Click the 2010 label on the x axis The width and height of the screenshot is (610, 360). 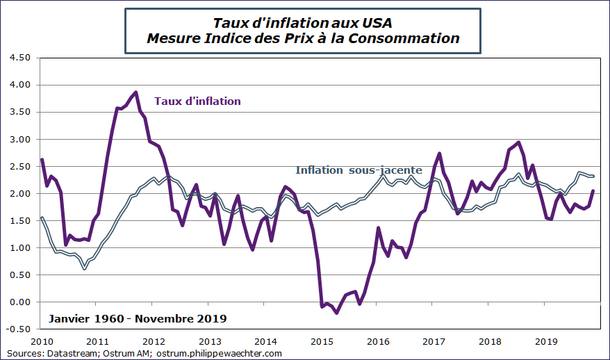[42, 341]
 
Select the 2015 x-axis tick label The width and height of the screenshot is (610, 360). [322, 341]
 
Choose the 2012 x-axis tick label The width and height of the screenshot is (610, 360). [154, 341]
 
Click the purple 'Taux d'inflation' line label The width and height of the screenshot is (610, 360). [197, 101]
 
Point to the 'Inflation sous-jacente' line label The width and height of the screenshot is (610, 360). [358, 170]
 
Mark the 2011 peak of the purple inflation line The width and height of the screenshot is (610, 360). [135, 92]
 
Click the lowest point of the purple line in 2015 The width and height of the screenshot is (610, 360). [337, 313]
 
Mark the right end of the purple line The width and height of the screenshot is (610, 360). [593, 191]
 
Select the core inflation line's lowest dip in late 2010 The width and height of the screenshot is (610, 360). [85, 268]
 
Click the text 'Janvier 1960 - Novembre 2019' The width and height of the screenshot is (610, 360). [137, 319]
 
